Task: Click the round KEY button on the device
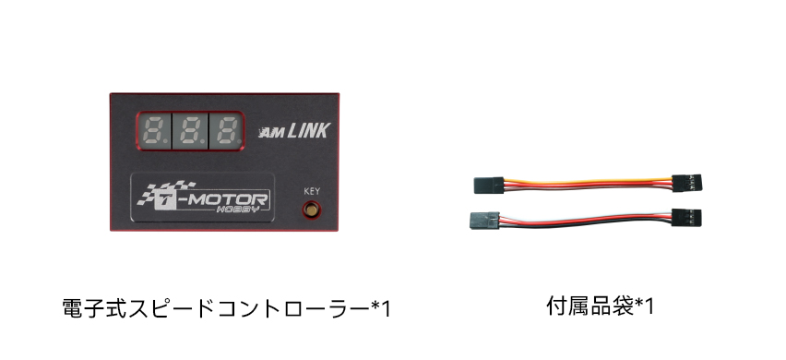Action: coord(312,210)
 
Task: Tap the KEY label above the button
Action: coord(312,191)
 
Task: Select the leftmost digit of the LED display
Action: coord(154,131)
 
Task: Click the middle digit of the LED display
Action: coord(189,131)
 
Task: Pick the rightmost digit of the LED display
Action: coord(226,131)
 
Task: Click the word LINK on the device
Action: coord(308,130)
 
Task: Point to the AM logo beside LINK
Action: coord(272,133)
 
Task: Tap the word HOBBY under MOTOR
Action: coord(238,210)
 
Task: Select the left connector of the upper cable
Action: coord(488,185)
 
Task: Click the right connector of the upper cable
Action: coord(686,183)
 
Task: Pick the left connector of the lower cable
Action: coord(484,220)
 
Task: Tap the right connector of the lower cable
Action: coord(686,217)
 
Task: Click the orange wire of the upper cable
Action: coord(588,181)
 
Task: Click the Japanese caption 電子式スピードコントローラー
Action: coord(216,308)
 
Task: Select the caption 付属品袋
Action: coord(590,306)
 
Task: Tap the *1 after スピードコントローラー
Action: coord(380,309)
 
